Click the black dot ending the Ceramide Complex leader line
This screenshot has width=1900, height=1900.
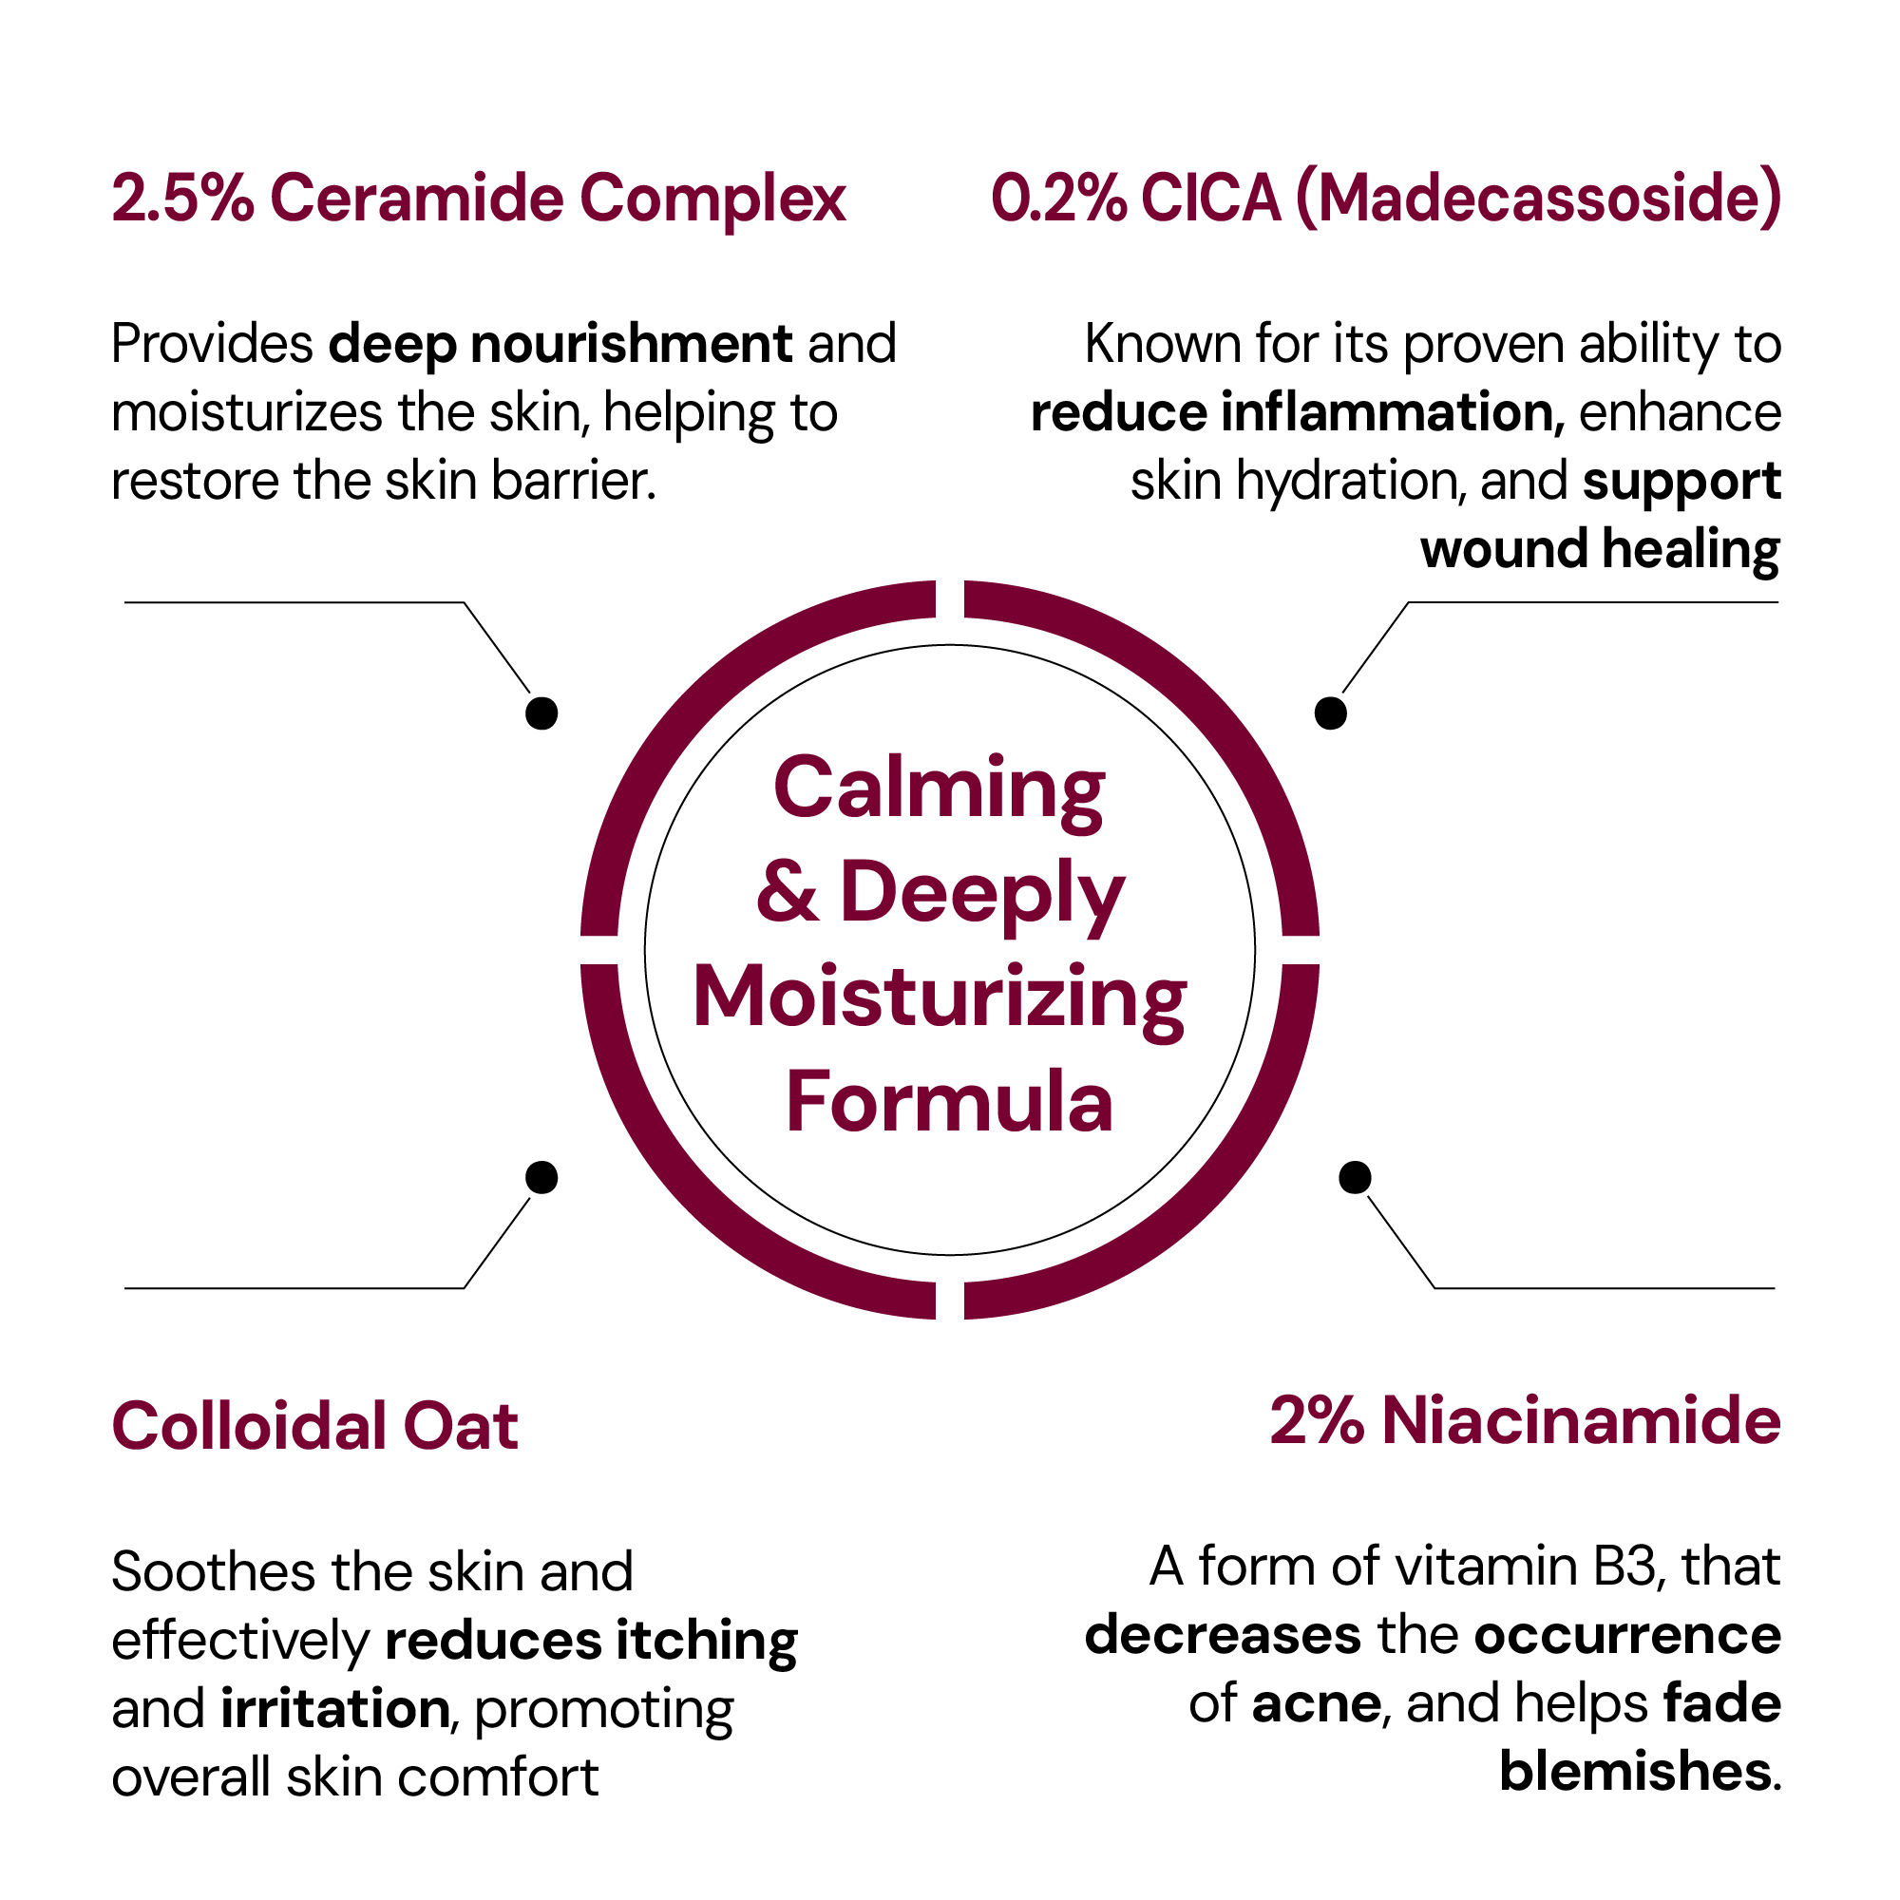click(x=541, y=713)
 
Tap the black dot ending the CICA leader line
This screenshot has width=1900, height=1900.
click(x=1331, y=713)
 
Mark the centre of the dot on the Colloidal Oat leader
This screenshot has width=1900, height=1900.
click(x=541, y=1177)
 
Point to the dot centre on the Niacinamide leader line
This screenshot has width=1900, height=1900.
click(x=1356, y=1177)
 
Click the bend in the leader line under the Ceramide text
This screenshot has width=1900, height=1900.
click(x=464, y=603)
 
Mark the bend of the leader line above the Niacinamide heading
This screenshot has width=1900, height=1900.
click(x=1434, y=1287)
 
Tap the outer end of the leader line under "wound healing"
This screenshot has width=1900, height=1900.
click(x=1778, y=602)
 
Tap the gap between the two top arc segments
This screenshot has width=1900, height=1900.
click(x=950, y=599)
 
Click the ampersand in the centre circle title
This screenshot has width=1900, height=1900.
click(x=788, y=891)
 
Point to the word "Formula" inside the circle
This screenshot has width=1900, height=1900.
click(x=949, y=1102)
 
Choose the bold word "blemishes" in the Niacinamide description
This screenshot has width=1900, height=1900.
click(x=1637, y=1771)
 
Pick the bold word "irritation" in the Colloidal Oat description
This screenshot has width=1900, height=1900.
click(x=335, y=1708)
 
